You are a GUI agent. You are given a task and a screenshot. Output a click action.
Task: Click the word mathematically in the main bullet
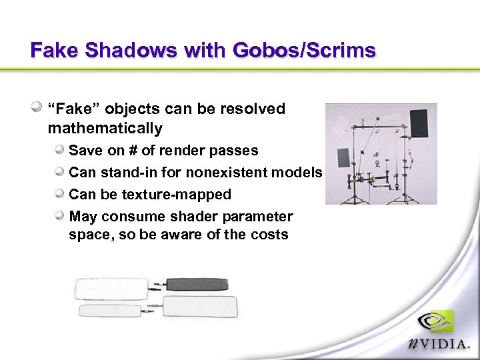click(105, 128)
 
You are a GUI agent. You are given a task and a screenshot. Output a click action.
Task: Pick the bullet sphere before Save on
click(60, 150)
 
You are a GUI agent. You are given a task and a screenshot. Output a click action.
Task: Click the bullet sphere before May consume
click(60, 216)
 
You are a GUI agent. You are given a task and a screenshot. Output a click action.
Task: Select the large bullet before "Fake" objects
click(39, 107)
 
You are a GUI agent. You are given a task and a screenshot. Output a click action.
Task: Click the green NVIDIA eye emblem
click(436, 322)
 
